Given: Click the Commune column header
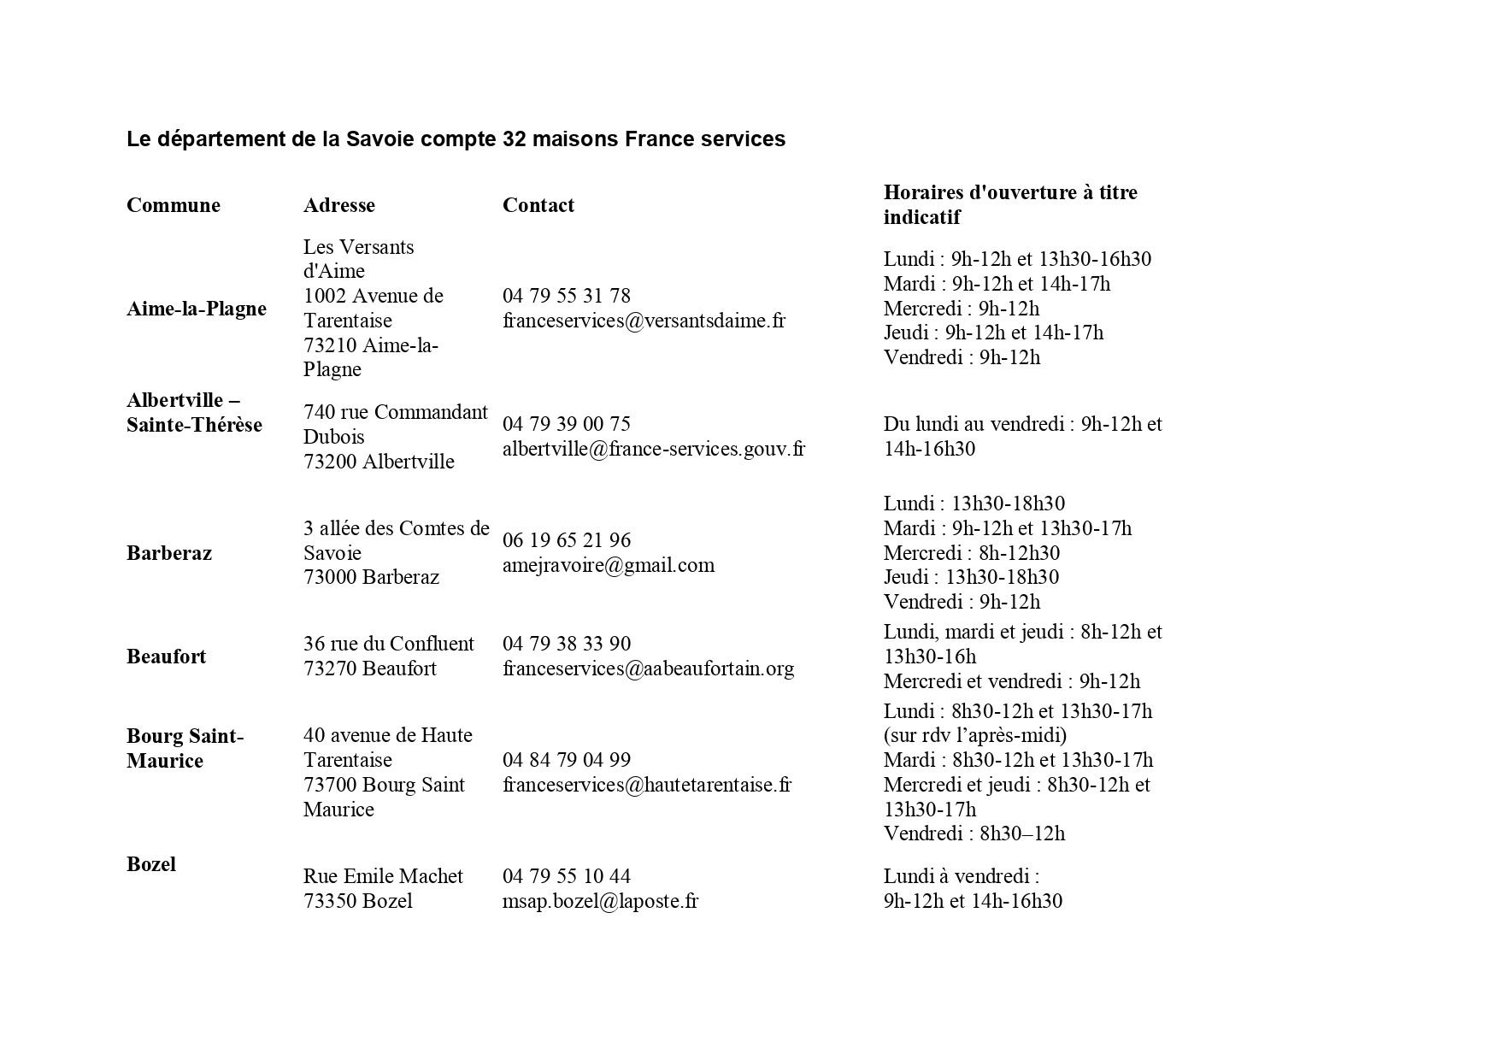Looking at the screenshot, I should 174,205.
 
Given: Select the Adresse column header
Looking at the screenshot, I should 338,205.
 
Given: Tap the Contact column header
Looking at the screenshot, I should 538,205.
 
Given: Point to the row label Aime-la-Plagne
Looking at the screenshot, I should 197,309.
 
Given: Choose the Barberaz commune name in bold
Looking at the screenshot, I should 169,553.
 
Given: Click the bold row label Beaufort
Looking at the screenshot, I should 166,657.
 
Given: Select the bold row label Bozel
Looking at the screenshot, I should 151,864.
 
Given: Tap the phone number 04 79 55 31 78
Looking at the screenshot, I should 566,296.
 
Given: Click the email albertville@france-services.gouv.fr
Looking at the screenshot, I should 653,449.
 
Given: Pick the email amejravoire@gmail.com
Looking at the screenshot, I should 608,565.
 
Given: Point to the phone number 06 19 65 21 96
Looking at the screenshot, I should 566,540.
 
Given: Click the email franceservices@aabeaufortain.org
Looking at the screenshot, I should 648,668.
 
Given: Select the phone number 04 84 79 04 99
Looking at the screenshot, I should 566,760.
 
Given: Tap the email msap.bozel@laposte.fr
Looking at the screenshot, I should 600,901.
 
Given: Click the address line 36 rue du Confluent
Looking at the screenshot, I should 388,644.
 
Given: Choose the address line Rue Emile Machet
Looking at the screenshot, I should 383,876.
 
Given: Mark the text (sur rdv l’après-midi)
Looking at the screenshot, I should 974,735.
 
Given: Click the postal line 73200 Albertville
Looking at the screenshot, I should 379,462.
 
